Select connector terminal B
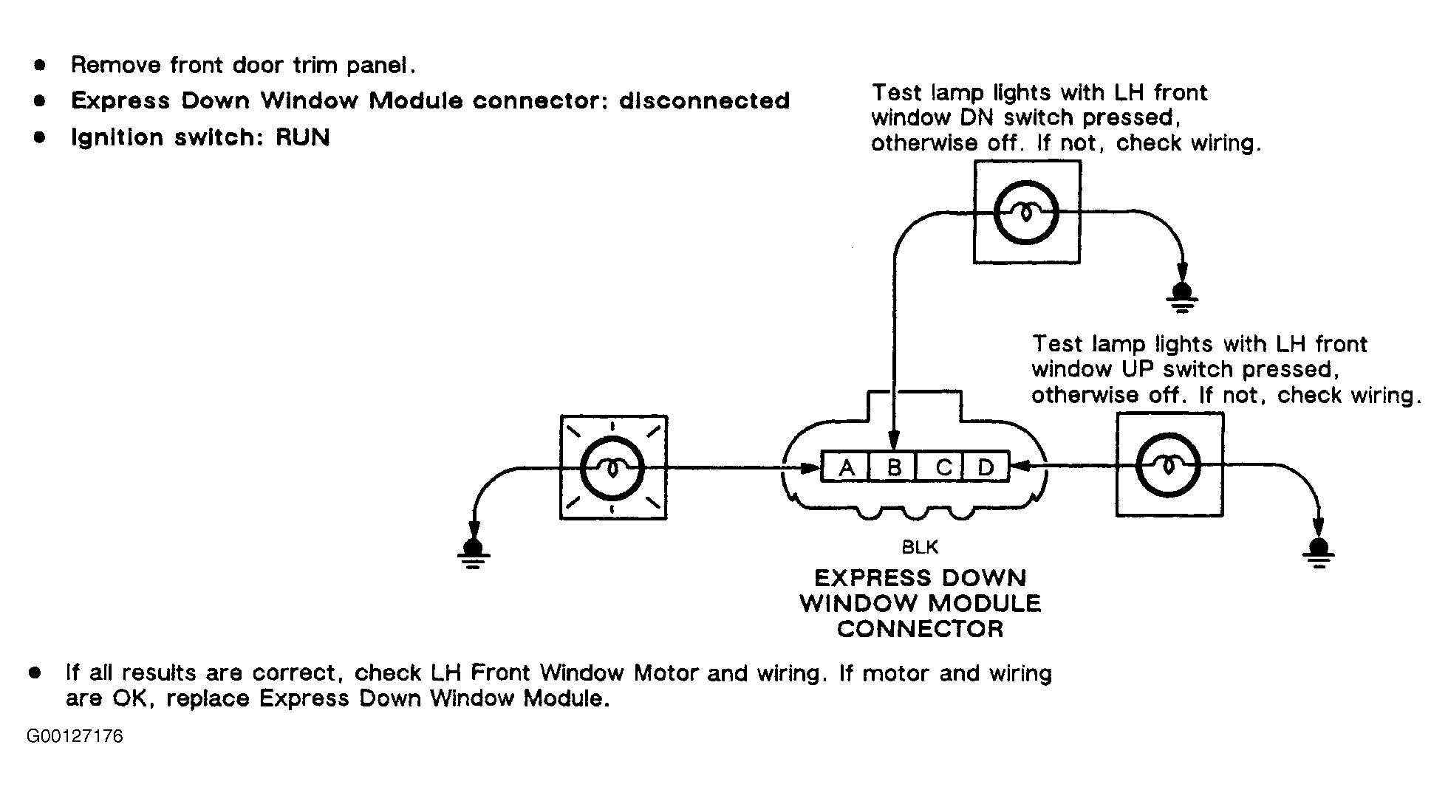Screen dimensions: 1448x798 892,467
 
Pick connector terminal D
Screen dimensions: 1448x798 985,467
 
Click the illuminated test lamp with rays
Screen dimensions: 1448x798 613,467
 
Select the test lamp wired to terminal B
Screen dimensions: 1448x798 1027,213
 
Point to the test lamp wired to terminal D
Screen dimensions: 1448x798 1169,465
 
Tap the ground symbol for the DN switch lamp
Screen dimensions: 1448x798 1182,298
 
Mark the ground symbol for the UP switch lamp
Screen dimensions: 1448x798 1319,552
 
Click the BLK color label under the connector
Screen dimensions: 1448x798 920,547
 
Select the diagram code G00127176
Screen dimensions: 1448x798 75,737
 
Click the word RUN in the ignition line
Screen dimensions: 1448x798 303,137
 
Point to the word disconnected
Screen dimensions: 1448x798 704,100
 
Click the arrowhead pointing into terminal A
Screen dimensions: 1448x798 813,467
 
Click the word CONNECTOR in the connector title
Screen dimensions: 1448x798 921,629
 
